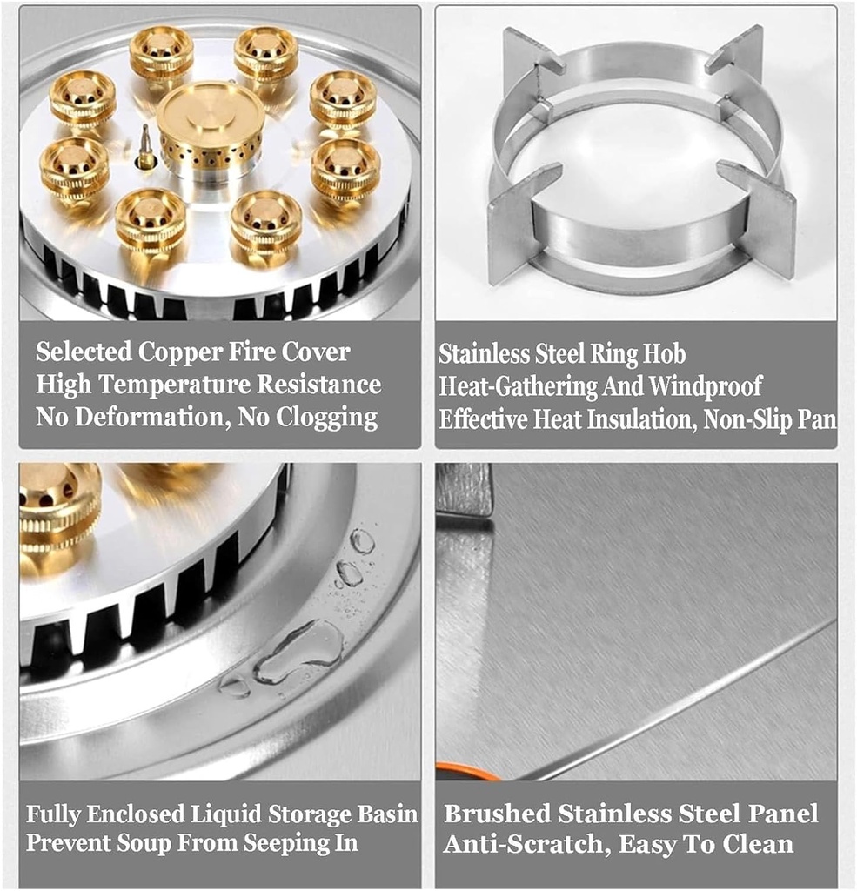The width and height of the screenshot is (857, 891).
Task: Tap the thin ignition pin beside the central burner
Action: pos(146,146)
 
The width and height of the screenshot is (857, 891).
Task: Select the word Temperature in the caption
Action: pos(174,385)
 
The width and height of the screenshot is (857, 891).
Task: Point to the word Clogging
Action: pos(327,419)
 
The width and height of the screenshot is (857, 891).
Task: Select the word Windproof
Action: pos(705,385)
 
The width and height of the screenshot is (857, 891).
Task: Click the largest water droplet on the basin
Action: pos(298,652)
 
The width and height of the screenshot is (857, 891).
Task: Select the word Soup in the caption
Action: pos(144,842)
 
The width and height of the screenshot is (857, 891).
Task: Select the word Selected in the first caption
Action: pos(84,352)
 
